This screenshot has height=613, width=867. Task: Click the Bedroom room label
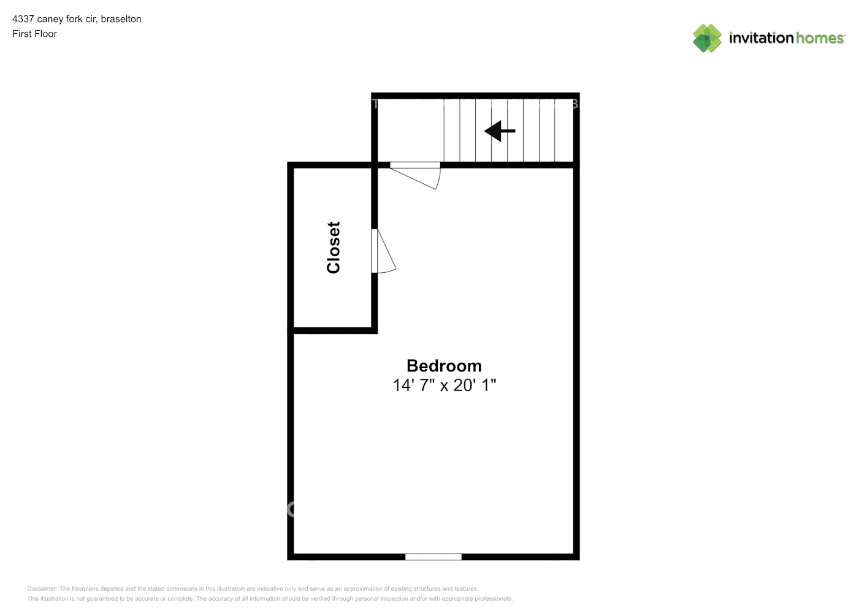[444, 366]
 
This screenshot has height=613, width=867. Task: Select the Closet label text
[334, 247]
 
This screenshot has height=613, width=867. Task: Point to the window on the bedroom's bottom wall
[433, 557]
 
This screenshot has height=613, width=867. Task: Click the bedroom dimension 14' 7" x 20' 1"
[444, 385]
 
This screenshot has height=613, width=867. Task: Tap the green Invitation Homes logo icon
[707, 38]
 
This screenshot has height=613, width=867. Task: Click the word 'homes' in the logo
[820, 38]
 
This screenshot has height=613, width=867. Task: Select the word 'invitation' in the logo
[761, 38]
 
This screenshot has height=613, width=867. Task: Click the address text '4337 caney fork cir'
[55, 19]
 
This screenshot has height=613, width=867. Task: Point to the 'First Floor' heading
[34, 34]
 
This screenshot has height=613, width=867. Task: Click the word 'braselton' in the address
[121, 19]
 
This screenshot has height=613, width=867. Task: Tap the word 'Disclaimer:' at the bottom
[42, 588]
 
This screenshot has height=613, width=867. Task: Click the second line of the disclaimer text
[270, 598]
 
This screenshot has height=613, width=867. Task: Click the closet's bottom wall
[333, 330]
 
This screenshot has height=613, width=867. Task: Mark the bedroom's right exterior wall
[576, 362]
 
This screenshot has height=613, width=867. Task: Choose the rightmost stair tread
[563, 131]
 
